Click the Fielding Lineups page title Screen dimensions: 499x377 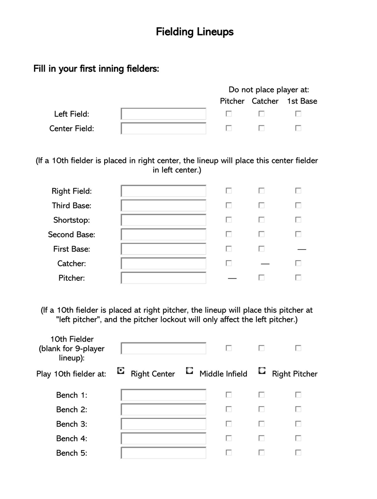pyautogui.click(x=195, y=32)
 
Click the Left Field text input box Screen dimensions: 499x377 pyautogui.click(x=164, y=114)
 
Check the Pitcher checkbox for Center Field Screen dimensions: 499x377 pyautogui.click(x=229, y=128)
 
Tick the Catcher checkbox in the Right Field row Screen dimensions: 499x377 pyautogui.click(x=262, y=191)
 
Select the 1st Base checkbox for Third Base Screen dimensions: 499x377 pyautogui.click(x=298, y=205)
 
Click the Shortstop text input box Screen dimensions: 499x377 pyautogui.click(x=164, y=220)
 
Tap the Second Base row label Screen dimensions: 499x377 pyautogui.click(x=72, y=235)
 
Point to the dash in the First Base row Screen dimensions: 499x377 pyautogui.click(x=302, y=249)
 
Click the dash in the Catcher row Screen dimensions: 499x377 pyautogui.click(x=265, y=264)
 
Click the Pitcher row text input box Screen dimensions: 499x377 pyautogui.click(x=164, y=278)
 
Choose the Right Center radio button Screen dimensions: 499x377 pyautogui.click(x=121, y=371)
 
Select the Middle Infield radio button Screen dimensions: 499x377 pyautogui.click(x=189, y=371)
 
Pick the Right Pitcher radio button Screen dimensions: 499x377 pyautogui.click(x=262, y=371)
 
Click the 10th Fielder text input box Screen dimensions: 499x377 pyautogui.click(x=164, y=348)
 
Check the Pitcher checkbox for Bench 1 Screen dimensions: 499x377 pyautogui.click(x=229, y=395)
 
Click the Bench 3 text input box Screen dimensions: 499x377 pyautogui.click(x=164, y=424)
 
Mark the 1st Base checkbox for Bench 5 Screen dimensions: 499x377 pyautogui.click(x=298, y=453)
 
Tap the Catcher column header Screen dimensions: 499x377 pyautogui.click(x=265, y=101)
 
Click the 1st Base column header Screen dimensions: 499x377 pyautogui.click(x=302, y=101)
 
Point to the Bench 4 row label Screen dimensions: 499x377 pyautogui.click(x=72, y=438)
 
